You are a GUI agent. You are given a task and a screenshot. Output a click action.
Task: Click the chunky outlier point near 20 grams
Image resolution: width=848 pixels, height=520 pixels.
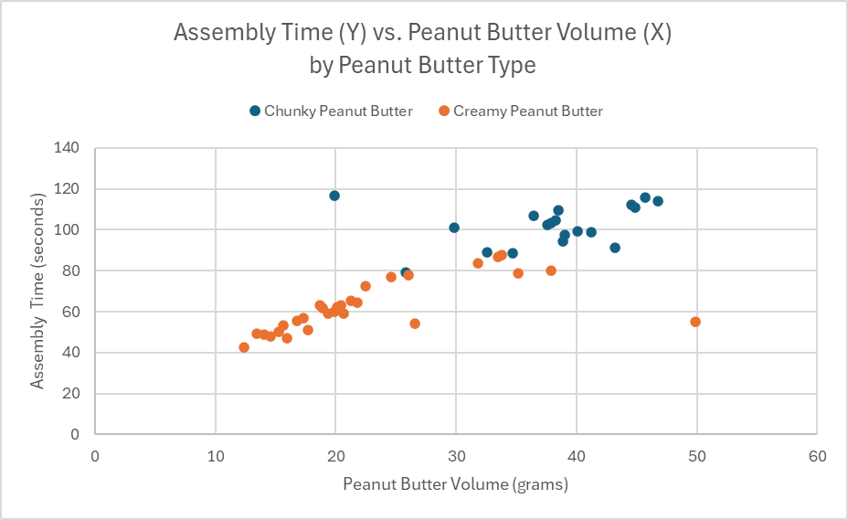334,196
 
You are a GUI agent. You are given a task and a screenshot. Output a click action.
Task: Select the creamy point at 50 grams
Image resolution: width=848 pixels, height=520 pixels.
695,322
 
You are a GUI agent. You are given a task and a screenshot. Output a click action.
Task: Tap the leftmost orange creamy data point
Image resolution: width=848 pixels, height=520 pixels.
244,347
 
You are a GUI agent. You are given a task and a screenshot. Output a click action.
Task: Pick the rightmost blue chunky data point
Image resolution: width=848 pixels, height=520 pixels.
658,201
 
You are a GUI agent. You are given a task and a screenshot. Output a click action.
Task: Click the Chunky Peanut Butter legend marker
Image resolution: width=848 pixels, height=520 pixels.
255,111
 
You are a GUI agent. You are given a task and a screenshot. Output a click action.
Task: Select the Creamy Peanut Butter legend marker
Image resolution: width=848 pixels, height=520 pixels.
444,111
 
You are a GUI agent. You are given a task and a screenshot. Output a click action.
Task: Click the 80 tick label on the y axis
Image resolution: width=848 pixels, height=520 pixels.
72,271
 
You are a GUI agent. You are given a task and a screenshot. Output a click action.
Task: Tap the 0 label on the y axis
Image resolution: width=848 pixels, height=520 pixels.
76,435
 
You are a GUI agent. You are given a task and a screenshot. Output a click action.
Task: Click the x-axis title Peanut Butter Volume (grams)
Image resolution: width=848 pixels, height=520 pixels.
456,484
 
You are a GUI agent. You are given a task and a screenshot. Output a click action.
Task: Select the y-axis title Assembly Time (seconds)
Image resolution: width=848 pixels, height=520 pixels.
37,291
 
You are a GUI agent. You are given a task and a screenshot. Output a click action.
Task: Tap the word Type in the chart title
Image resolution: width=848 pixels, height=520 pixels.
512,65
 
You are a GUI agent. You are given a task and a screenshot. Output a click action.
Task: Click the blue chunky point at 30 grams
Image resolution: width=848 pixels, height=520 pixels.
454,228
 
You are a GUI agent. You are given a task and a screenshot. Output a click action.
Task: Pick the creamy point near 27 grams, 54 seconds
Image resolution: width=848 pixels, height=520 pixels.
415,324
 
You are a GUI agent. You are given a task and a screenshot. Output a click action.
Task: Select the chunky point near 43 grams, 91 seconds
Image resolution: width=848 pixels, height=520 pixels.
615,248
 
